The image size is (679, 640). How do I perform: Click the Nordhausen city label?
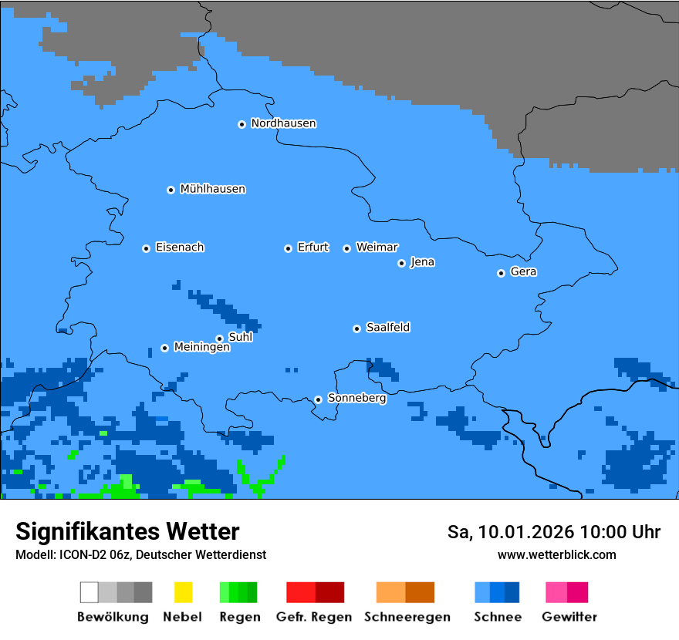click(x=283, y=123)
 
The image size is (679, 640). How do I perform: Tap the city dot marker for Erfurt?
click(x=288, y=248)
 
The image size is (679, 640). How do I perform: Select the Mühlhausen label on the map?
click(x=212, y=189)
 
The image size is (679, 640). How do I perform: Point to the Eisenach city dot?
click(x=146, y=248)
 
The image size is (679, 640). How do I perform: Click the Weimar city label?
click(x=377, y=248)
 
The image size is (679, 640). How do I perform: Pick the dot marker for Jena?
click(x=401, y=263)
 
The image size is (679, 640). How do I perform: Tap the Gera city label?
click(x=523, y=272)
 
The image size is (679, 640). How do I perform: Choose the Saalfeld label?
click(x=387, y=328)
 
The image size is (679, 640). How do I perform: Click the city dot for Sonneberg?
click(x=318, y=399)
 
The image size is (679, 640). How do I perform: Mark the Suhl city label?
click(x=240, y=337)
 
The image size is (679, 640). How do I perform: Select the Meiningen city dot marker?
click(x=164, y=348)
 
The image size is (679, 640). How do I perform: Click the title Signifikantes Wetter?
click(x=127, y=531)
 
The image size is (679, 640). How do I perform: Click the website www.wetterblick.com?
click(x=556, y=554)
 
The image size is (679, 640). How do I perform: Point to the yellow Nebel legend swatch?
click(x=183, y=592)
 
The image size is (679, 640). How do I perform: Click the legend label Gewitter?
click(x=569, y=617)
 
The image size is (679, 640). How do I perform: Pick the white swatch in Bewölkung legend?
click(x=89, y=592)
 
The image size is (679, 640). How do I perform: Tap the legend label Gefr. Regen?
click(x=313, y=617)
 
